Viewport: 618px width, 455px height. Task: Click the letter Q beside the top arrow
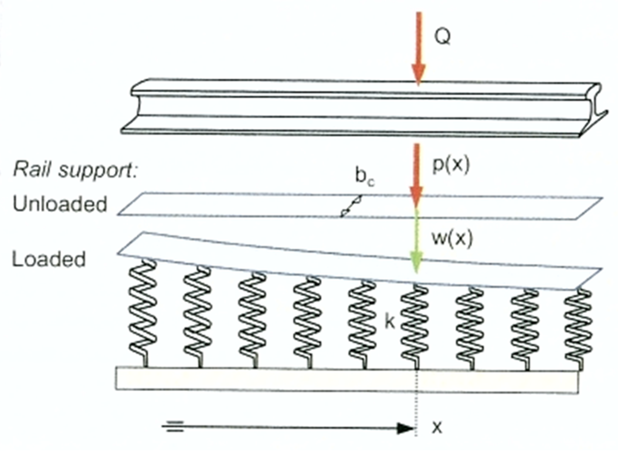pos(443,37)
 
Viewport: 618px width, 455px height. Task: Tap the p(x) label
pos(451,165)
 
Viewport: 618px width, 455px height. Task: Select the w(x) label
pos(452,238)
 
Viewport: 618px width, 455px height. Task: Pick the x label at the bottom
pos(437,427)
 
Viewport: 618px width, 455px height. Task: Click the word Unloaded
pos(60,204)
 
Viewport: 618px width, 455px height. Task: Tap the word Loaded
pos(49,259)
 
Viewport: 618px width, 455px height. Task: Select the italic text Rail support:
pos(76,170)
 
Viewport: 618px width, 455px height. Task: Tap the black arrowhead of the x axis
pos(406,428)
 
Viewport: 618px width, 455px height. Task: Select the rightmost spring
pos(578,328)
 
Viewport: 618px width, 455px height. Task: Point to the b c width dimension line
pos(351,206)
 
